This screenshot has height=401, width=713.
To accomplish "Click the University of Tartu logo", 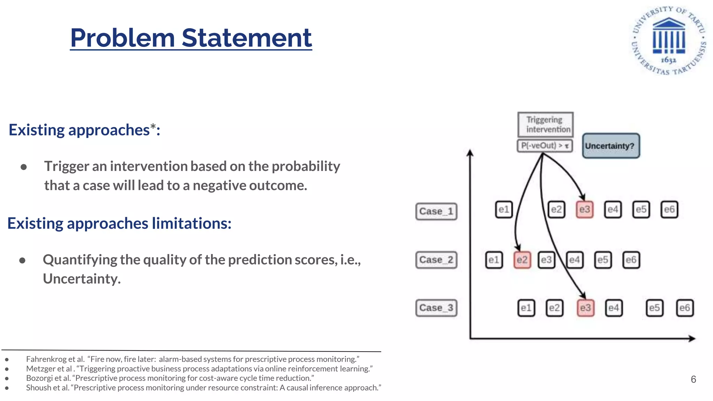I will [x=669, y=40].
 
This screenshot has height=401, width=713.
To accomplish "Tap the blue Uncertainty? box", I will [x=611, y=146].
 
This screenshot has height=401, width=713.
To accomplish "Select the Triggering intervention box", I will [x=545, y=124].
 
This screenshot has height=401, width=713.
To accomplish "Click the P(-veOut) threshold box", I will [x=545, y=146].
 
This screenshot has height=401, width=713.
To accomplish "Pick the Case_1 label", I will [x=436, y=211].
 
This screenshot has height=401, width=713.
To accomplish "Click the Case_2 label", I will [x=436, y=260].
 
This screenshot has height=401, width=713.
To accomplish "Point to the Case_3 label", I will [x=436, y=308].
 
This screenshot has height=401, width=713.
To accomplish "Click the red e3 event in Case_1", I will [x=585, y=210].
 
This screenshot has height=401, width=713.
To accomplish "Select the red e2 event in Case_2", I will [x=522, y=260].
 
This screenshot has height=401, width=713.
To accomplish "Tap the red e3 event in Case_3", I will [x=585, y=308].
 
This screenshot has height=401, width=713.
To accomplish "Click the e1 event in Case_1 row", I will [x=503, y=210].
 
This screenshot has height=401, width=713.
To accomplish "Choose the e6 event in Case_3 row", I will [x=684, y=308].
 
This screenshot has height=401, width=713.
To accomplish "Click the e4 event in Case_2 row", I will [x=574, y=260].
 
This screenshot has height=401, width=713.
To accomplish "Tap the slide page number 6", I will [x=693, y=379].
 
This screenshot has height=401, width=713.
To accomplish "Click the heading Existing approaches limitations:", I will [x=119, y=223].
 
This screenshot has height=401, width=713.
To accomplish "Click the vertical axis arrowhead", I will [x=470, y=153].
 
